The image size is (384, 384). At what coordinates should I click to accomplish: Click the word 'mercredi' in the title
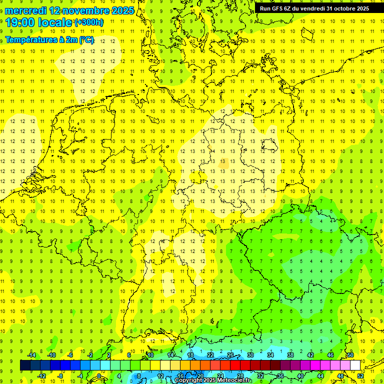coord(25,10)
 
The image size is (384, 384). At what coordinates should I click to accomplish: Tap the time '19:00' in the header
coord(22,22)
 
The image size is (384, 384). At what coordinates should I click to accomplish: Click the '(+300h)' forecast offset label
coord(89,22)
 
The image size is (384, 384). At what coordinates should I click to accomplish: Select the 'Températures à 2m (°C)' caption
coord(49,40)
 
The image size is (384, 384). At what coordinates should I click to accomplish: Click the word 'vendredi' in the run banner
coord(311,8)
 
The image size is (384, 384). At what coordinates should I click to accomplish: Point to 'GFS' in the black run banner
coord(278,8)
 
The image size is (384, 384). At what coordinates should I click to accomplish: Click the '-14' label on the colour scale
coord(31,355)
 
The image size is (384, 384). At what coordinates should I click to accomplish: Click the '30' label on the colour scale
coord(250,355)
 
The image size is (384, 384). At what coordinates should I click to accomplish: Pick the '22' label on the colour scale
coord(210,355)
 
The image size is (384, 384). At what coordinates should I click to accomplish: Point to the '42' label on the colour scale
coord(310,355)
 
